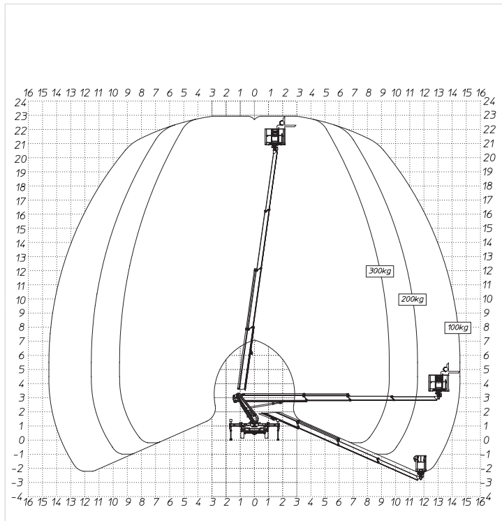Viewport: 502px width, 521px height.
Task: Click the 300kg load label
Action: [380, 271]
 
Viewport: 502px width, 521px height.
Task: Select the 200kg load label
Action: [413, 300]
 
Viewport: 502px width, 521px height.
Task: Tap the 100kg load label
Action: [458, 328]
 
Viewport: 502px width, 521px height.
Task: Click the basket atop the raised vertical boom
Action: [275, 136]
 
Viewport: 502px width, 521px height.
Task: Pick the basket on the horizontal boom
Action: [438, 382]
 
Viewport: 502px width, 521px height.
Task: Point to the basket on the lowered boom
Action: [420, 464]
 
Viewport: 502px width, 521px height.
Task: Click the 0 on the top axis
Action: [254, 93]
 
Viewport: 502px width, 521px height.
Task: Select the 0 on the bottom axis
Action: [254, 502]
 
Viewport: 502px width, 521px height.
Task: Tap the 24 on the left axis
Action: [20, 103]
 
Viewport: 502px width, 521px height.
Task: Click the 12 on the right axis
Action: [487, 271]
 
